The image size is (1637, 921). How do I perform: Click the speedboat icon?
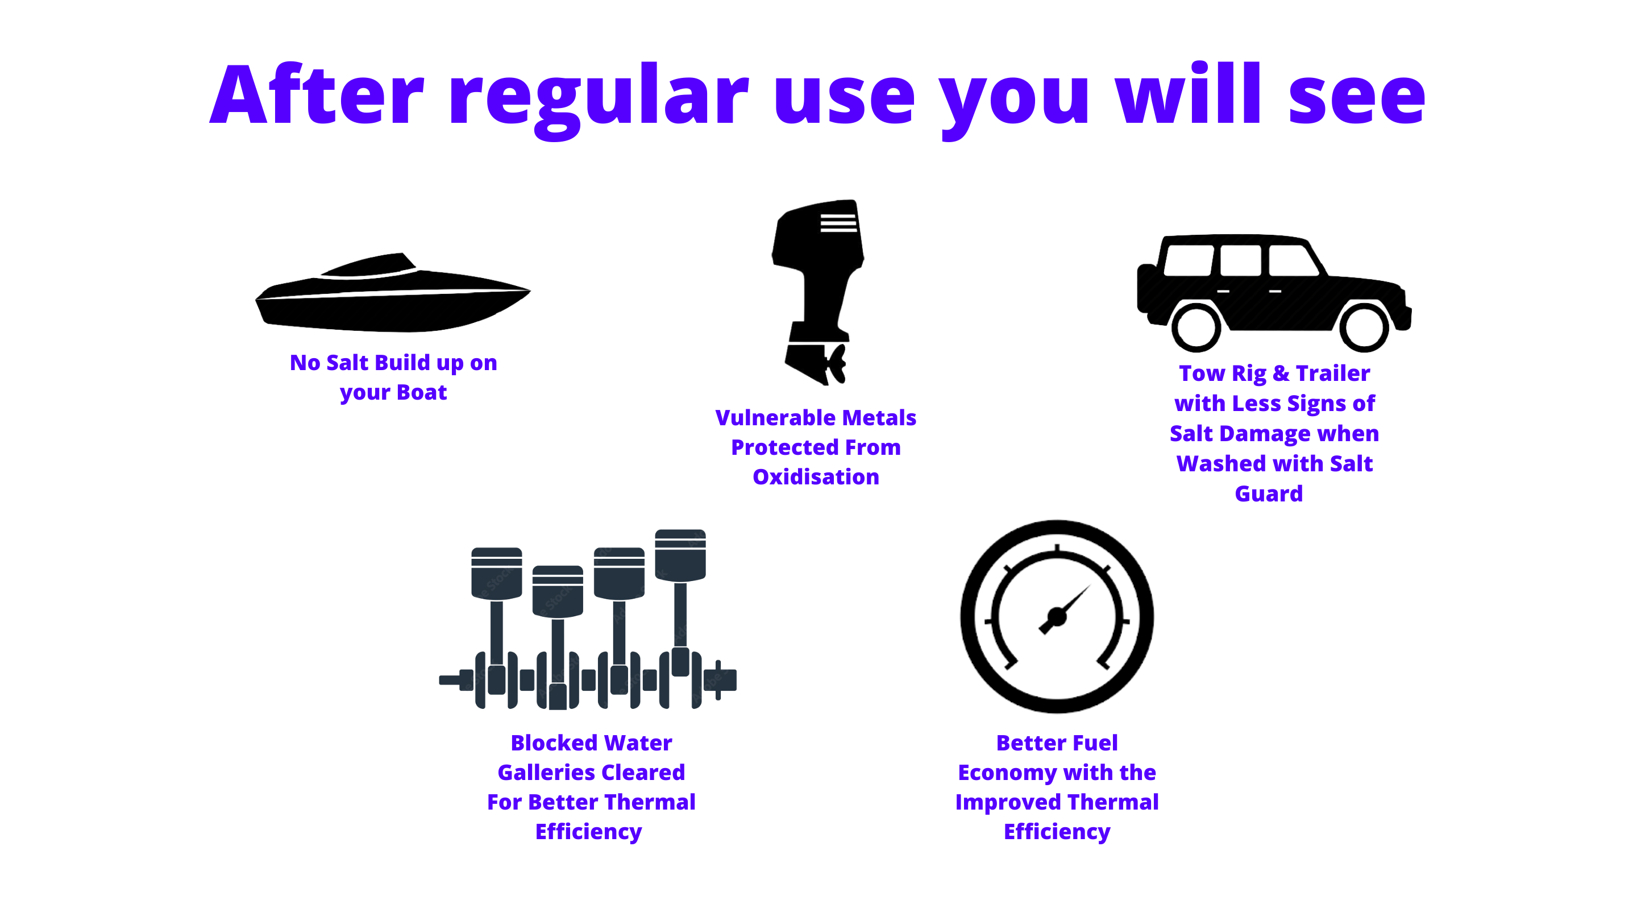393,292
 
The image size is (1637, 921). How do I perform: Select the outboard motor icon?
818,292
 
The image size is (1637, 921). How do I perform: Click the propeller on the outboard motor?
836,364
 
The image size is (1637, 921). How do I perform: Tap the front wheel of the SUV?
1364,327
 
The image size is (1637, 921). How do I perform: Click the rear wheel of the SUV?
1196,327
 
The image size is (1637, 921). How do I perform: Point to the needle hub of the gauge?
1057,616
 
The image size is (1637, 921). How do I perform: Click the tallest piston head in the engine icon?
680,555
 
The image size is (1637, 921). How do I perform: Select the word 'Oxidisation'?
816,477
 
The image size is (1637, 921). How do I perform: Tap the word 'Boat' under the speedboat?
421,392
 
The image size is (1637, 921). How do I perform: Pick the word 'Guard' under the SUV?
1269,494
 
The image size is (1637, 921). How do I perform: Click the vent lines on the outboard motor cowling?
838,223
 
